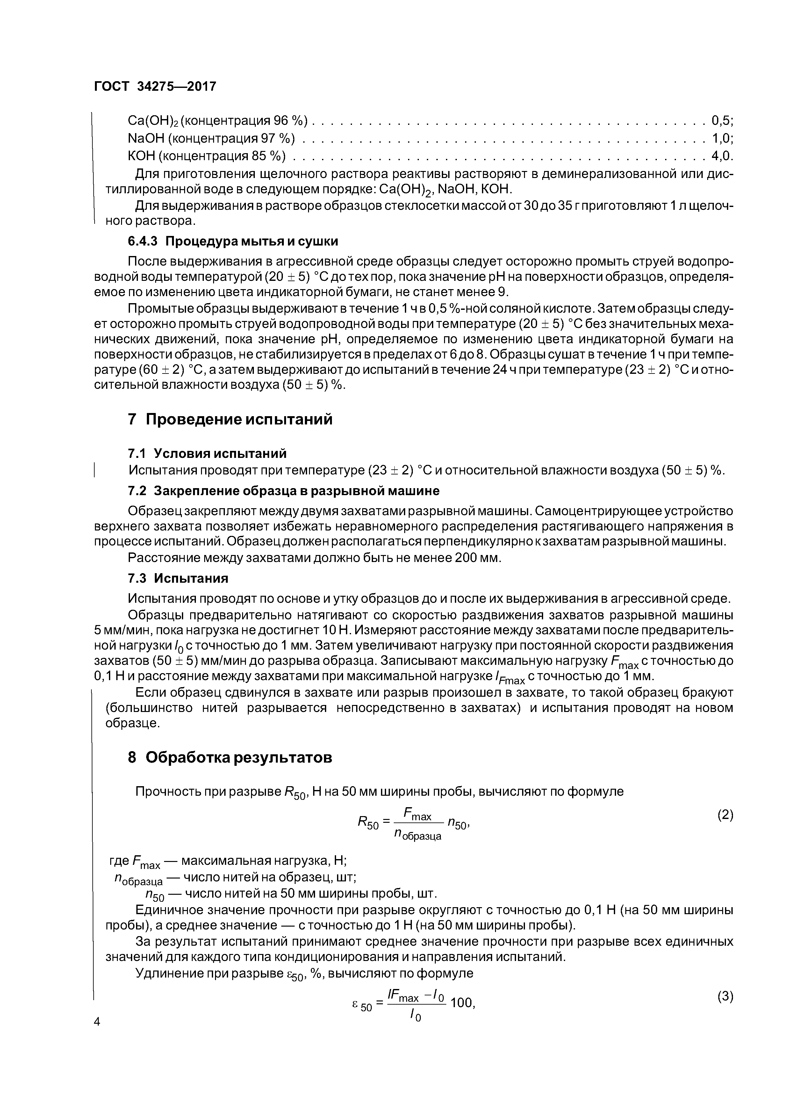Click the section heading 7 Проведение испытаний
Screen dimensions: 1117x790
[230, 419]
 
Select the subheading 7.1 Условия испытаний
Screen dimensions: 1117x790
[207, 453]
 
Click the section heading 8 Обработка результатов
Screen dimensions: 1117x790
[230, 758]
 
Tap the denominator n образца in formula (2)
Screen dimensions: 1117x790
[417, 835]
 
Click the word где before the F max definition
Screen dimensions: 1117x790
[119, 861]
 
